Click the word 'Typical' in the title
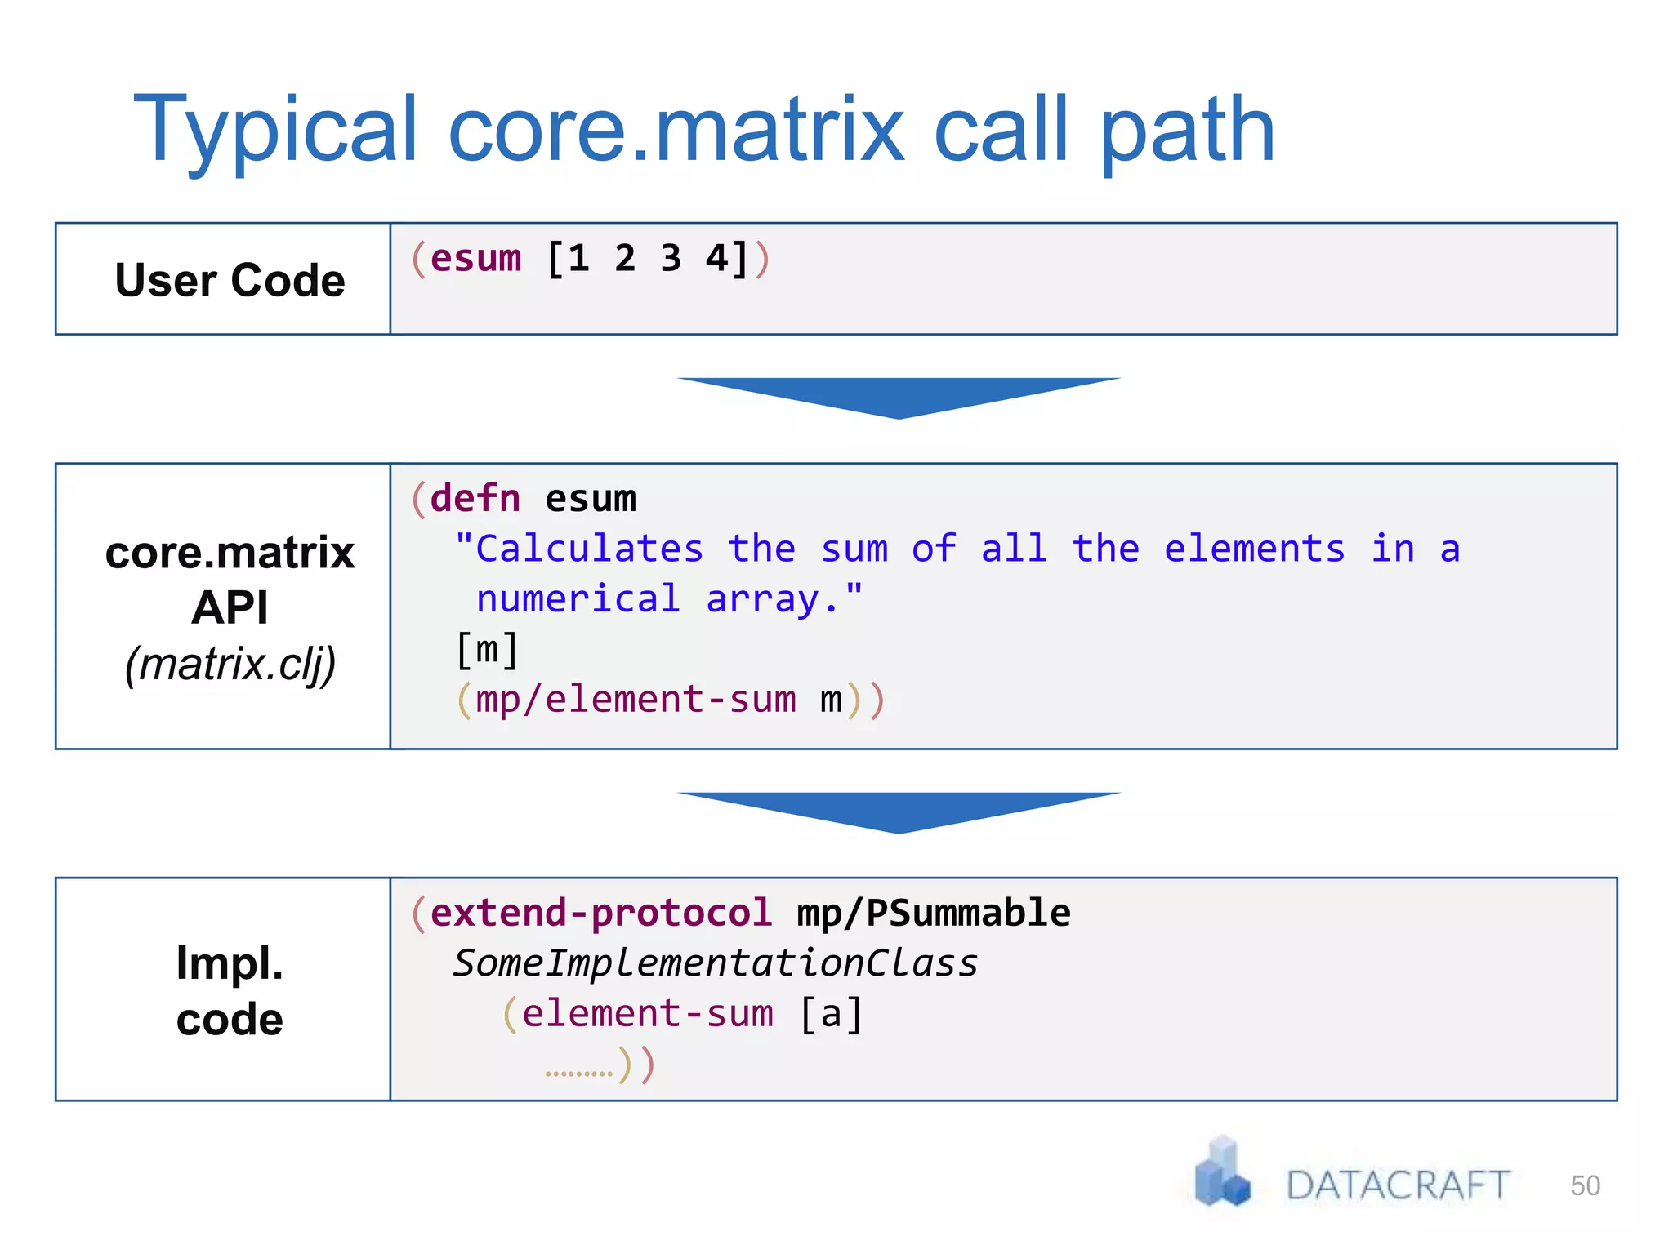tap(276, 131)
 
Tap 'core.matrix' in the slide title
tap(676, 131)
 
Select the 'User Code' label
tap(230, 280)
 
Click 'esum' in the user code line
tap(475, 259)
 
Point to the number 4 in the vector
tap(716, 259)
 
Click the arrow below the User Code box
tap(899, 397)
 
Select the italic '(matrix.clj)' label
tap(230, 663)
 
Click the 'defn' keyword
tap(475, 498)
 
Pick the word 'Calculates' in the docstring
tap(589, 549)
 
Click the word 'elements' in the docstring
tap(1254, 549)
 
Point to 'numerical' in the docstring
tap(578, 599)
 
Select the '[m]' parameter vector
tap(487, 650)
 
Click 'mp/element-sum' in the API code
tap(636, 700)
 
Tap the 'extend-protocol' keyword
tap(600, 913)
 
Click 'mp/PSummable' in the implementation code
tap(933, 913)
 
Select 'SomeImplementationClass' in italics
tap(716, 963)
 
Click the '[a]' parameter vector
tap(831, 1014)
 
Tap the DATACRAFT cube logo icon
tap(1222, 1172)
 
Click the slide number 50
tap(1585, 1185)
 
